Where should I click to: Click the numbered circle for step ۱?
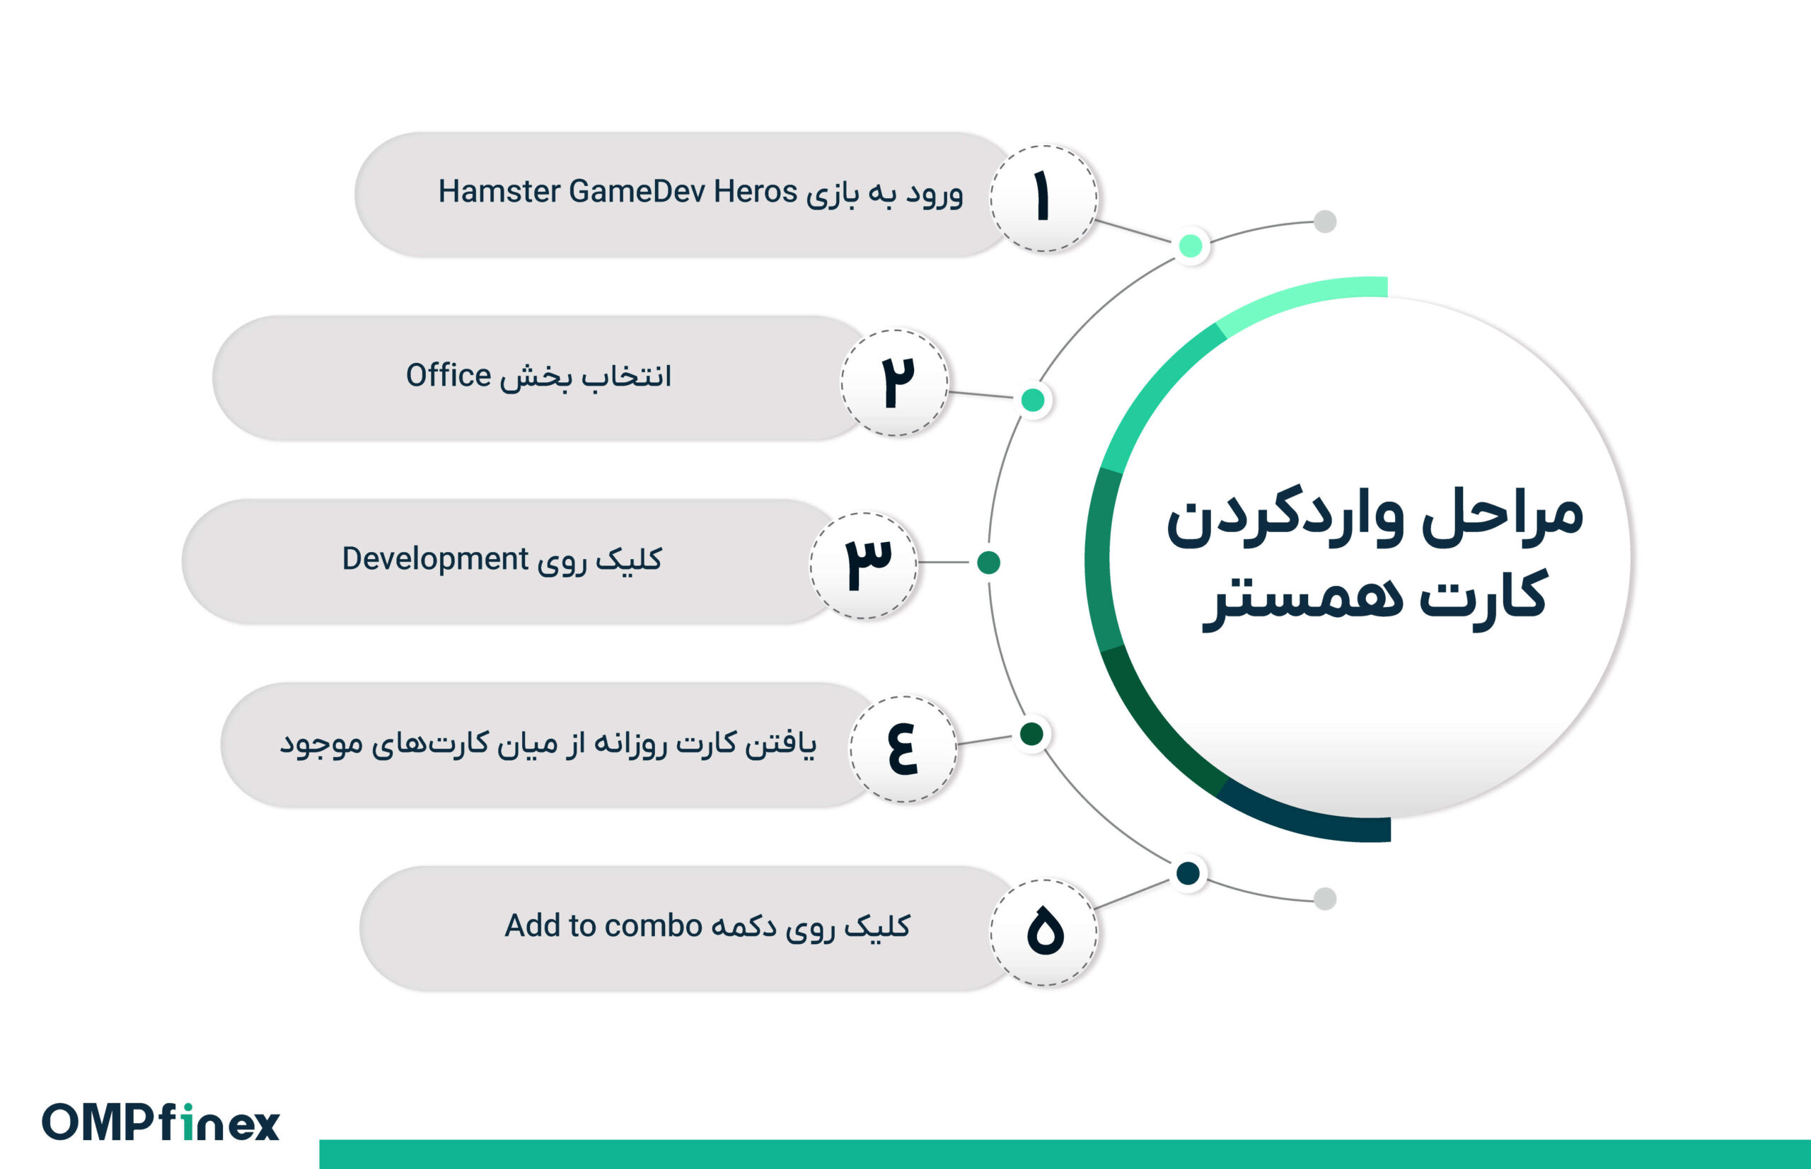point(1043,198)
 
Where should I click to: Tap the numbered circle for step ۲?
point(894,382)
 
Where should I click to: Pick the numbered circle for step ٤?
point(903,749)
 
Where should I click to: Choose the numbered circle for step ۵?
point(1044,932)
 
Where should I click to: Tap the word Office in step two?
point(449,375)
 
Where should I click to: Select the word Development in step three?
point(435,560)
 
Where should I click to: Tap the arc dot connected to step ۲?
point(1033,400)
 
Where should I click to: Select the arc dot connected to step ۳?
point(988,563)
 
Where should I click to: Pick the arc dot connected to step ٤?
point(1031,734)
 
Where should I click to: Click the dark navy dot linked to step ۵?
point(1188,873)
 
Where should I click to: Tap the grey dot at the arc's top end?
point(1325,221)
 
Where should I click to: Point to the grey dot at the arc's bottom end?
point(1325,899)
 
